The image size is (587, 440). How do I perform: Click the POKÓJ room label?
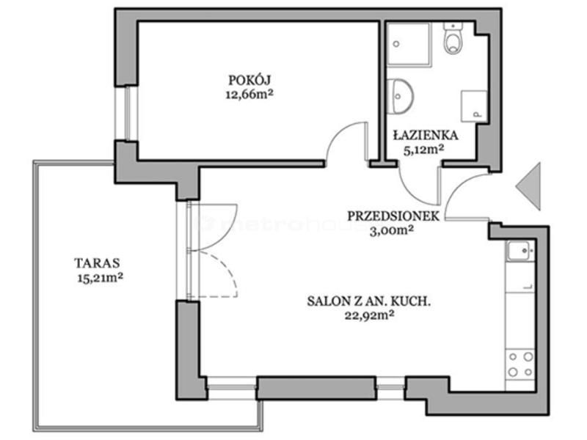(249, 80)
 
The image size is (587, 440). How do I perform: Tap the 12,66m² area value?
(249, 95)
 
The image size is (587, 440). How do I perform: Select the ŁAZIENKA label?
(426, 135)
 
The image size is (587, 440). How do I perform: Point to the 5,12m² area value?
(423, 150)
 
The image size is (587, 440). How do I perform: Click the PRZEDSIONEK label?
(393, 216)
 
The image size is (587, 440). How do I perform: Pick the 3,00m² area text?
(391, 230)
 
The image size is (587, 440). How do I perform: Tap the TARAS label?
(98, 263)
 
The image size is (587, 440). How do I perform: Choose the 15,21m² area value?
(101, 278)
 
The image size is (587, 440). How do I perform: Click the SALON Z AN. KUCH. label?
(369, 301)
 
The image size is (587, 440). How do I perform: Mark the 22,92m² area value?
(369, 316)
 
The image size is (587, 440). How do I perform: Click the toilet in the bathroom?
(453, 38)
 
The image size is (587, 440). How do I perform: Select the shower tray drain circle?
(396, 44)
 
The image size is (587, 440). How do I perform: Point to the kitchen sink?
(520, 251)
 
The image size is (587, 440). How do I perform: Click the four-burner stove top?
(520, 364)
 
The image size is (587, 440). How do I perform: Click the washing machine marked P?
(474, 106)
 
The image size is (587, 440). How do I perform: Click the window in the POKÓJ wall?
(126, 114)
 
